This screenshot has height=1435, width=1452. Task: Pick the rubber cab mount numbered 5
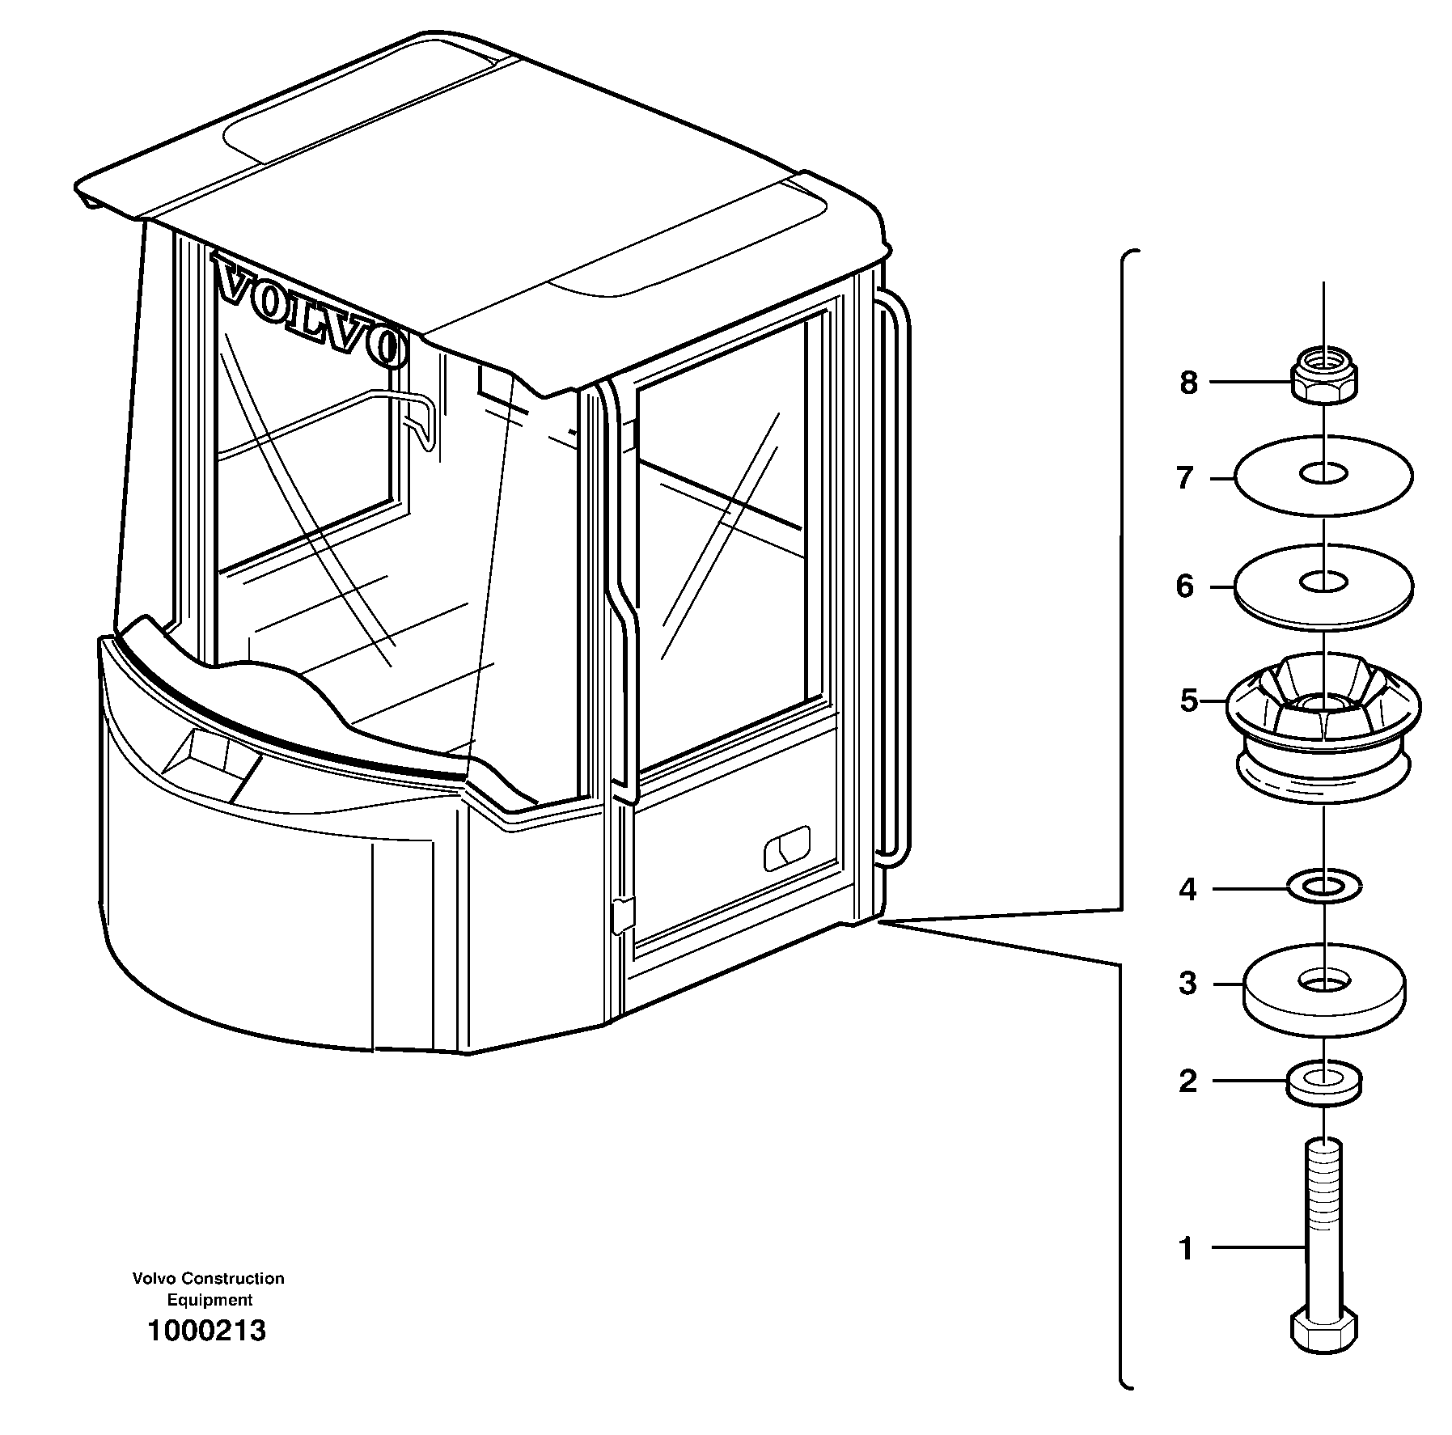(x=1323, y=728)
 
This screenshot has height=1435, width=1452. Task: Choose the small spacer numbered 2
(x=1323, y=1082)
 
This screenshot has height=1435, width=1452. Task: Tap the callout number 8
(x=1187, y=383)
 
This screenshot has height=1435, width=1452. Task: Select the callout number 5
(x=1187, y=701)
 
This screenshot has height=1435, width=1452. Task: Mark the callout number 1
(x=1186, y=1249)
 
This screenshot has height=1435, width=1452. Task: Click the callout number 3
(x=1187, y=984)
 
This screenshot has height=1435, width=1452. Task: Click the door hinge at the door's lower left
(x=621, y=915)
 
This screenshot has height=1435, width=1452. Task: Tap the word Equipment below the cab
(x=210, y=1300)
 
